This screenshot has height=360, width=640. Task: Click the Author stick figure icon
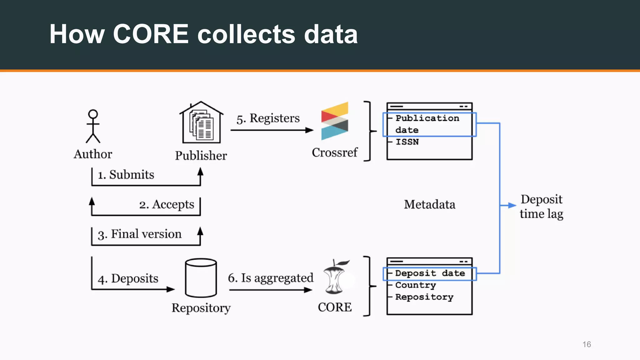point(93,126)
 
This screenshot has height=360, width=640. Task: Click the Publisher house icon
point(201,123)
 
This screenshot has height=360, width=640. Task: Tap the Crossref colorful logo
point(334,121)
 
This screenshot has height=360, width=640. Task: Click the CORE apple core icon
point(335,277)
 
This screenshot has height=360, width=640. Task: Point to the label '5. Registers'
point(268,118)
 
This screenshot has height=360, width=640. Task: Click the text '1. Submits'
point(126,175)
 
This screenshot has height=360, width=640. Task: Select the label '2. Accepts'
point(167,205)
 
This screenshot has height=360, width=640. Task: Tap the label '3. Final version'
point(139,234)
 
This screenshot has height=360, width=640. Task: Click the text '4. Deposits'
point(128,278)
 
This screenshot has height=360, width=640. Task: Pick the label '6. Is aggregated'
point(270,278)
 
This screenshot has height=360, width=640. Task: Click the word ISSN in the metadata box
point(407,142)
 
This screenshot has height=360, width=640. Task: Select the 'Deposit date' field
point(430,273)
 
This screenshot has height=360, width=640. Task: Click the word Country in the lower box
point(415,285)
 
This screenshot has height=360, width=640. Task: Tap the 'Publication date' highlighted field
point(427,124)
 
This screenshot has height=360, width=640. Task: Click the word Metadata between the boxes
point(429,205)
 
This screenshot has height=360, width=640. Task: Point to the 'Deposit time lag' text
point(541,207)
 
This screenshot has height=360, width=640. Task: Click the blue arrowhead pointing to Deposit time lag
point(512,205)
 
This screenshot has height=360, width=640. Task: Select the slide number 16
point(587,344)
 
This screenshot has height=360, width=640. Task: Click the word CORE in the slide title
point(151,34)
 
